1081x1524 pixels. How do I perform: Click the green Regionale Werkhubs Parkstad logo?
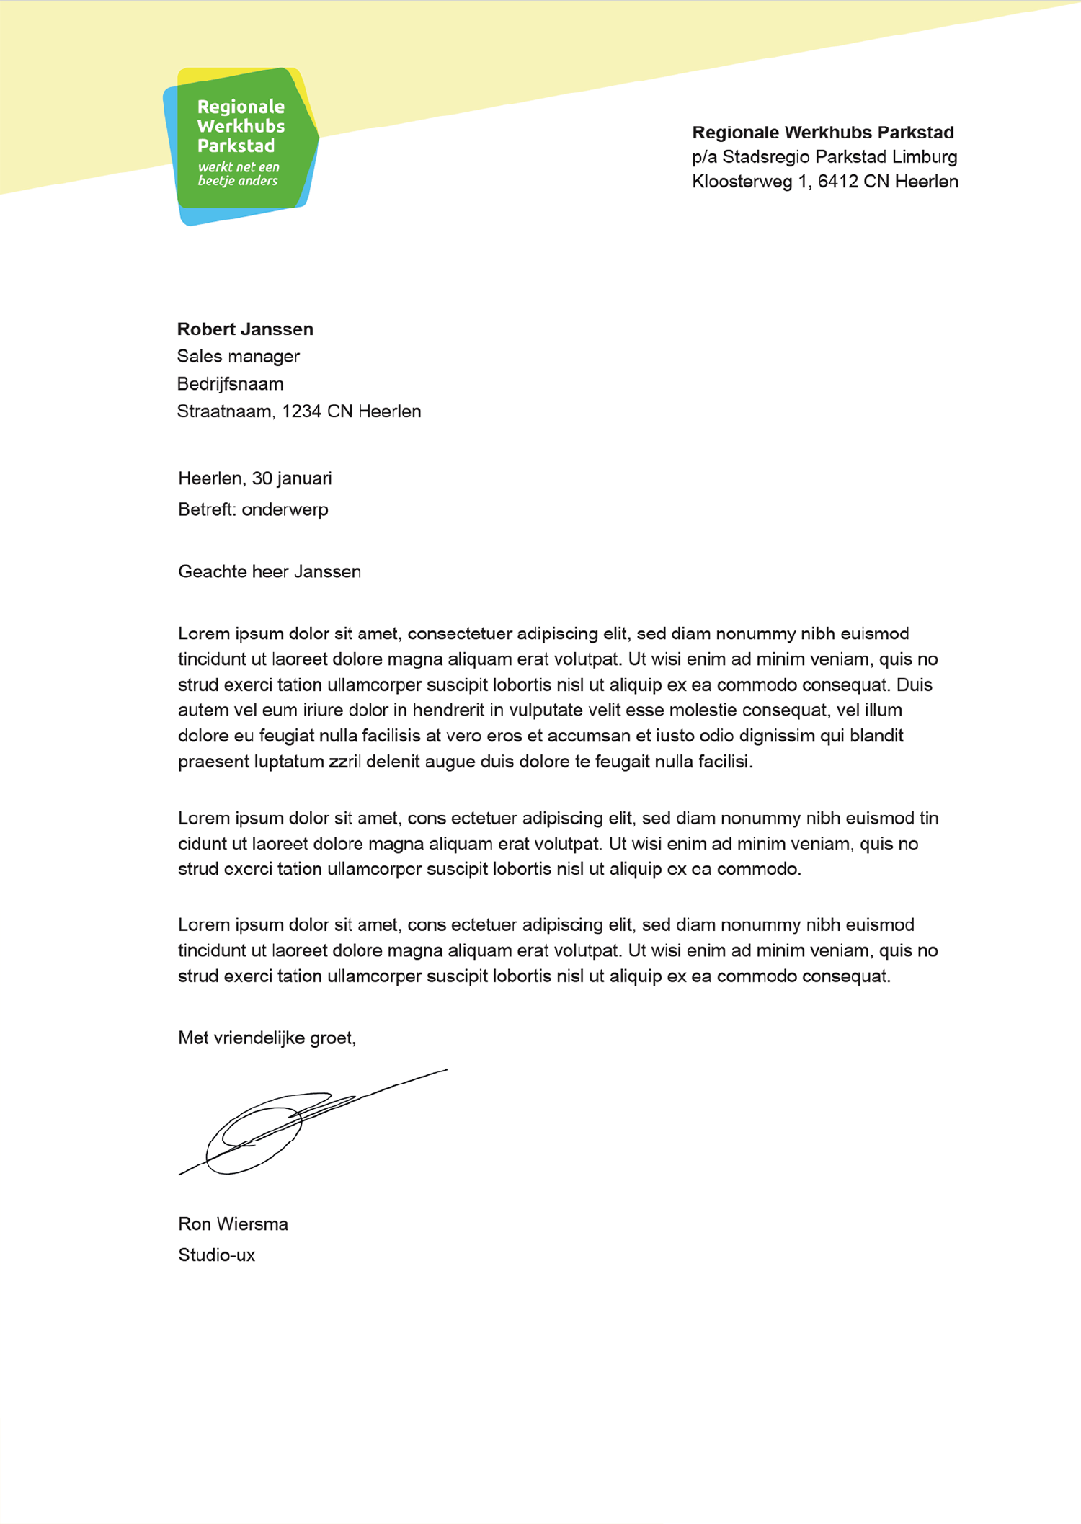tap(241, 144)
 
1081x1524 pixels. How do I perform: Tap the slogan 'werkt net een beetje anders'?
tap(238, 174)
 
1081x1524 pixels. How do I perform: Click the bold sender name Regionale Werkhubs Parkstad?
tap(822, 133)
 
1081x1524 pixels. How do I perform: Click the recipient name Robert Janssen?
tap(245, 329)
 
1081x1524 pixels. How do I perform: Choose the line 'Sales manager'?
tap(238, 357)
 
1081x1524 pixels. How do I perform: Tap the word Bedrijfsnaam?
tap(230, 384)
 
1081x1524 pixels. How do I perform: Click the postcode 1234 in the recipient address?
tap(301, 411)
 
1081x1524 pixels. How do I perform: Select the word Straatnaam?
tap(225, 411)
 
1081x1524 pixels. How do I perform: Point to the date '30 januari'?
tap(292, 478)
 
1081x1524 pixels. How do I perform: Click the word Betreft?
tap(207, 510)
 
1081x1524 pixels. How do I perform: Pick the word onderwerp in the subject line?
tap(285, 510)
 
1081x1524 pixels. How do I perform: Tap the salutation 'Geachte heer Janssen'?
tap(270, 572)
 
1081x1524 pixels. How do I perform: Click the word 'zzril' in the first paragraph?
tap(344, 762)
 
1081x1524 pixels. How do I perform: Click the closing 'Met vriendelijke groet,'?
tap(267, 1038)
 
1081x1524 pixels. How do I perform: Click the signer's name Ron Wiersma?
tap(233, 1224)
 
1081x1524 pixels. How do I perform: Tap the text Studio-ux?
tap(216, 1255)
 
